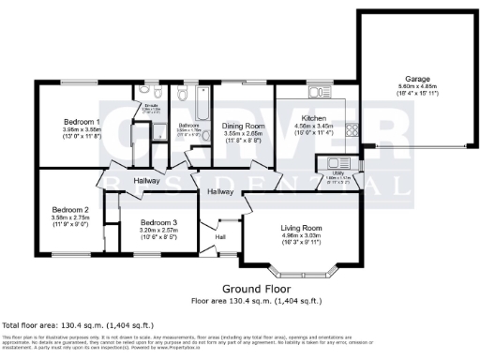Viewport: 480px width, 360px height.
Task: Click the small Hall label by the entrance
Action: [x=220, y=237]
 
